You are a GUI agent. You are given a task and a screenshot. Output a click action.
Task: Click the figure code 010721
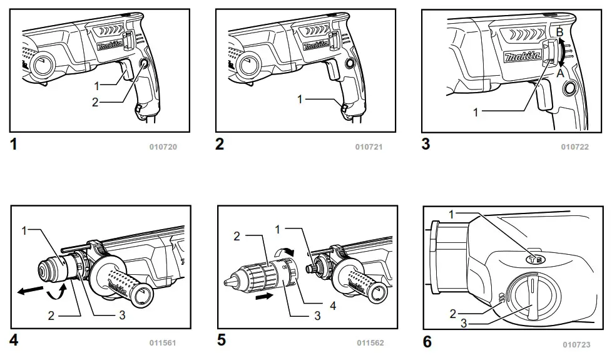[369, 147]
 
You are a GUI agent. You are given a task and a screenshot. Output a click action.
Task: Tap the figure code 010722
[574, 147]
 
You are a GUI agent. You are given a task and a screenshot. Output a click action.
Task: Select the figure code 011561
[163, 342]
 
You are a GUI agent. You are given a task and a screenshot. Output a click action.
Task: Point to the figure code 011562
[370, 342]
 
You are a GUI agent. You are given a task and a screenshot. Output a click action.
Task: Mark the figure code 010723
[576, 344]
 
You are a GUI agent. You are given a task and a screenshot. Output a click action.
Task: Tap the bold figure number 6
[427, 342]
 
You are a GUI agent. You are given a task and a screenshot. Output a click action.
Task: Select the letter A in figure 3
[560, 73]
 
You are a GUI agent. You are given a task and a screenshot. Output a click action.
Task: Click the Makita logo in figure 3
[522, 57]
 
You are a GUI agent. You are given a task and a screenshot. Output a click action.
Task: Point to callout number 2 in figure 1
[95, 103]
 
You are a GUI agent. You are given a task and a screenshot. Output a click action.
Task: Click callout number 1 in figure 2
[301, 99]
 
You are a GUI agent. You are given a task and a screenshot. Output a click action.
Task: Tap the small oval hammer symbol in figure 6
[534, 257]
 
